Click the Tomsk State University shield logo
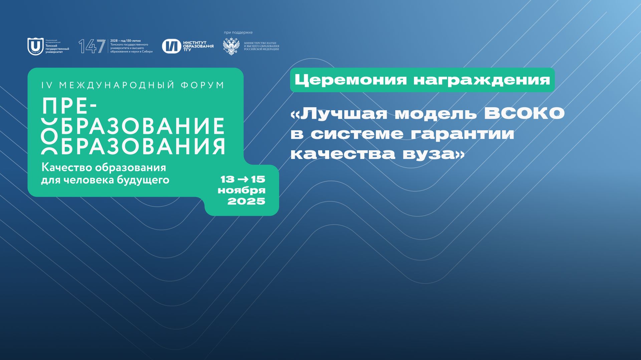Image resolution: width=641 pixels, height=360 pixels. (x=35, y=46)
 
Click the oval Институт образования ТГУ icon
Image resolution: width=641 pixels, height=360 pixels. (x=172, y=46)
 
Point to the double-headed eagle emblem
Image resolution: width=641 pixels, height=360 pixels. (x=231, y=46)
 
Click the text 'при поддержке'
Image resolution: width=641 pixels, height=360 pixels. (x=238, y=32)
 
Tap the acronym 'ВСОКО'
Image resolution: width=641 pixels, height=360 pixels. (x=524, y=114)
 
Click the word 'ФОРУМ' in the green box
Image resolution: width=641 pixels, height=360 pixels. (x=202, y=85)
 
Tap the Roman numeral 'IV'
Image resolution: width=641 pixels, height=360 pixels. (x=47, y=85)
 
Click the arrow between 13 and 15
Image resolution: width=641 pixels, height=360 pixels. (x=242, y=179)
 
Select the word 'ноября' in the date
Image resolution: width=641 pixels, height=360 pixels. (x=242, y=190)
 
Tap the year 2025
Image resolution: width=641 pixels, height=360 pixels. (x=246, y=201)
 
